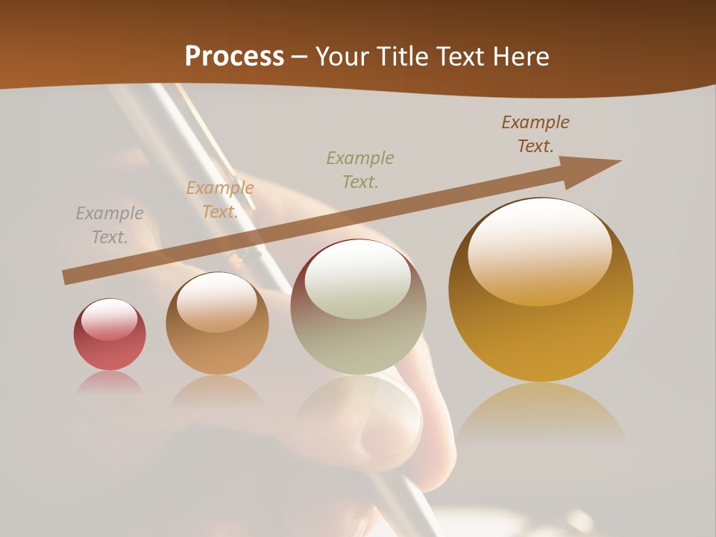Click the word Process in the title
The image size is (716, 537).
(x=234, y=57)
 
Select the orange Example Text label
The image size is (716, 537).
(x=220, y=200)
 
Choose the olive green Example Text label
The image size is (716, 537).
(x=360, y=169)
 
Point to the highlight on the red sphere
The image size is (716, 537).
(x=109, y=319)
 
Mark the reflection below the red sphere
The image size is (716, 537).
(x=110, y=383)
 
